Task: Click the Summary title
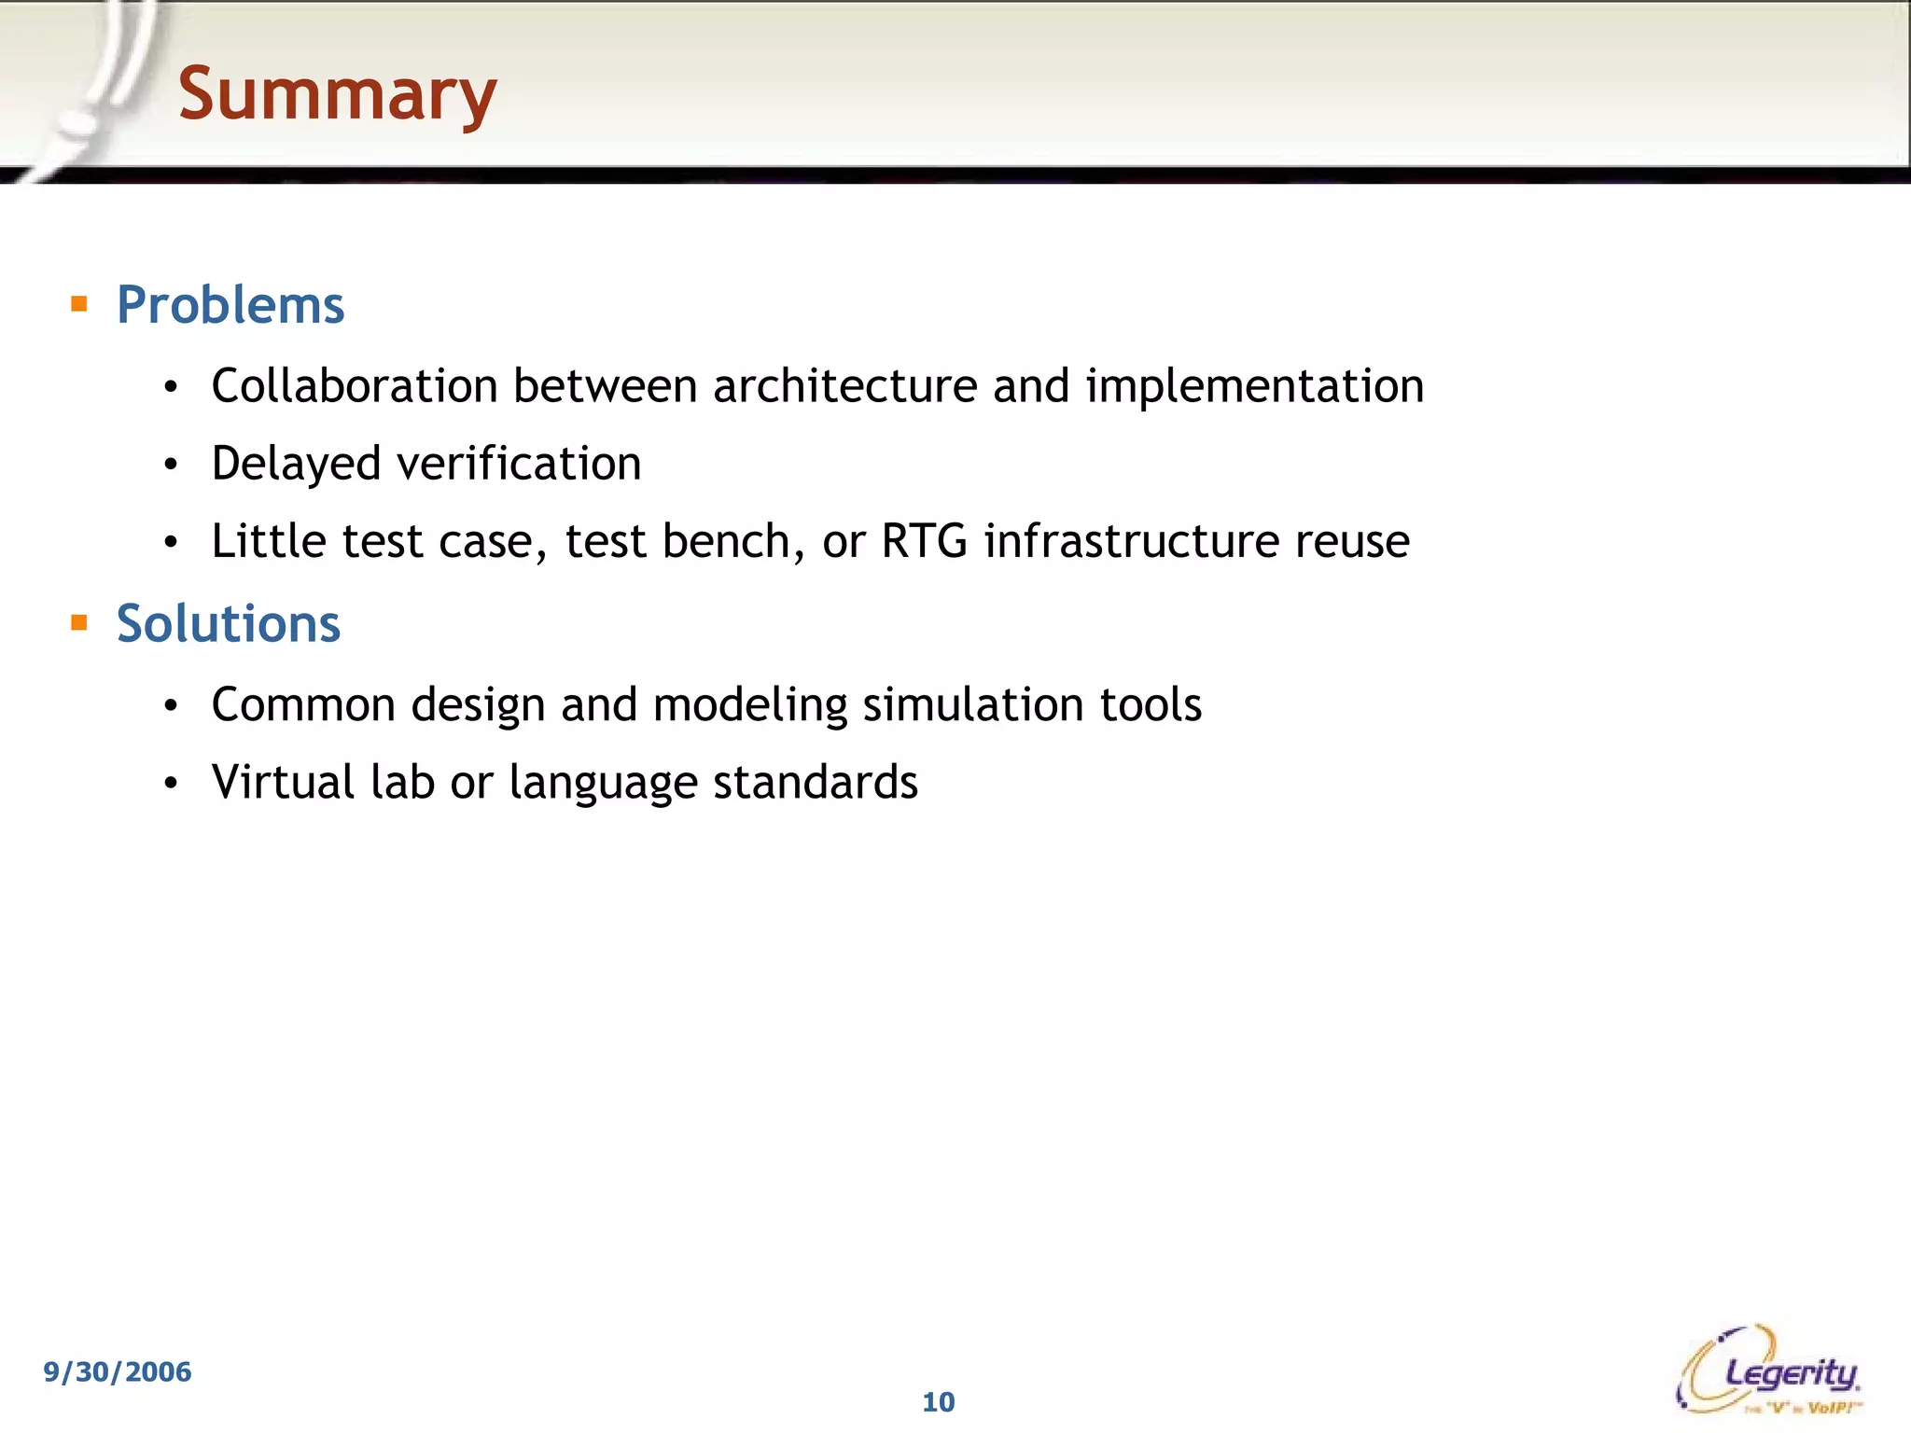coord(337,94)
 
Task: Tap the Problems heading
coord(230,305)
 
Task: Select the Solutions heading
coord(228,623)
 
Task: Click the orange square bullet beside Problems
coord(79,303)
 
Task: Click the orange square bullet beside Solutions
coord(79,622)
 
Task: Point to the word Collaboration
coord(355,385)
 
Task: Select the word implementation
coord(1254,387)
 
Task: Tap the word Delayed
coord(296,464)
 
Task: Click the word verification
coord(519,464)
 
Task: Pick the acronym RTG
coord(924,541)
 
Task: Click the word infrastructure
coord(1131,541)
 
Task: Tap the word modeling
coord(750,705)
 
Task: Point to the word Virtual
coord(283,782)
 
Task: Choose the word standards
coord(816,782)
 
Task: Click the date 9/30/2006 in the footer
coord(118,1371)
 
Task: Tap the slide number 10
coord(939,1401)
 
